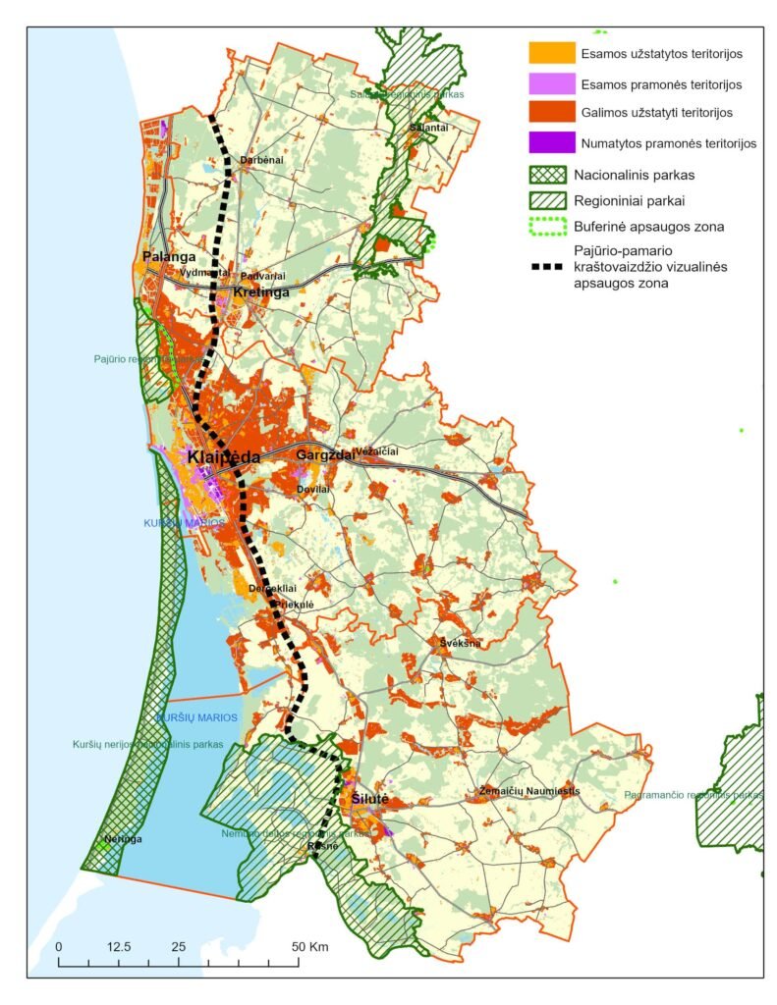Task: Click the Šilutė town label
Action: tap(370, 800)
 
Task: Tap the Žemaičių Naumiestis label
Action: tap(529, 791)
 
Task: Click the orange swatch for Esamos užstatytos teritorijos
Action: tap(550, 52)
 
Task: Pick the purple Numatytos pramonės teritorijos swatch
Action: tap(550, 143)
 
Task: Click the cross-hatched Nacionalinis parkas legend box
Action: tap(550, 175)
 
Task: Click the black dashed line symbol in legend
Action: tap(550, 266)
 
